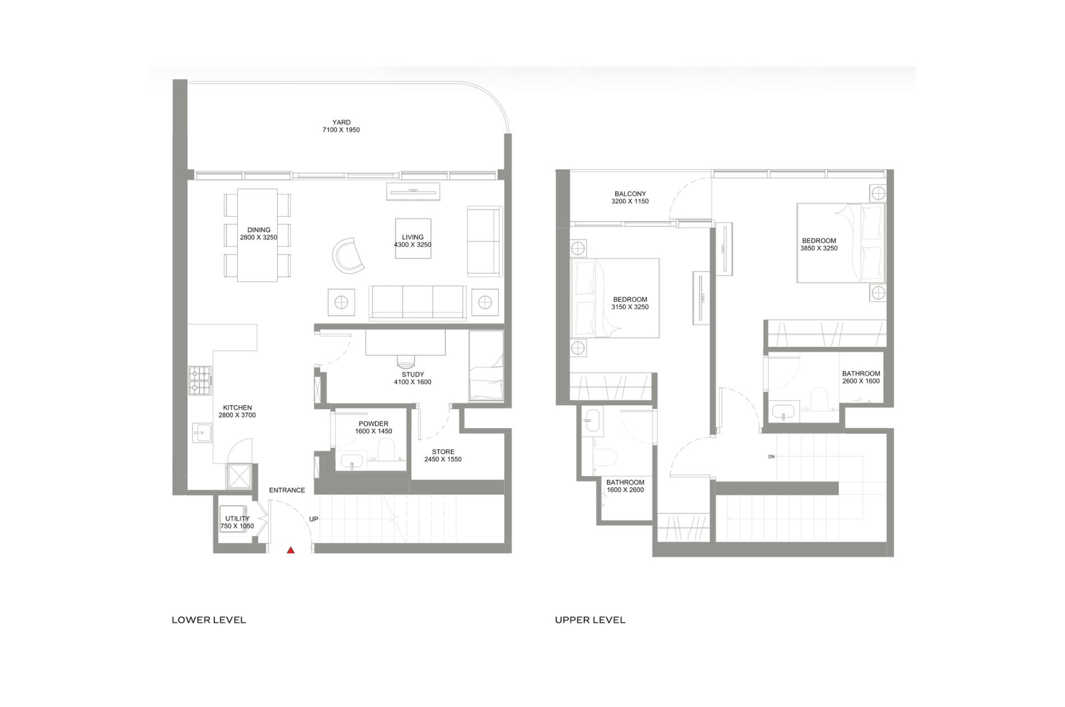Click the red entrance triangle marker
pos(291,550)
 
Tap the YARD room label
pos(342,122)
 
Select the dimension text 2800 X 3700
pos(237,415)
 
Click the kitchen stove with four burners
pos(200,380)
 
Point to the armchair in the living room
pos(348,256)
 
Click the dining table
pos(257,235)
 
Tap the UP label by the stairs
pos(313,519)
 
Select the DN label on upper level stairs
pos(772,457)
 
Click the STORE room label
pos(443,452)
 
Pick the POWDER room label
pos(374,424)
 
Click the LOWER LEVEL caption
pos(209,620)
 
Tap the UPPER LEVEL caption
pos(590,620)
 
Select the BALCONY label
pos(630,194)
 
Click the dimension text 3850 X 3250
pos(819,248)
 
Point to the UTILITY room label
pos(237,518)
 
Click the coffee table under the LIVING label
pos(413,238)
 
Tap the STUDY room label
pos(413,374)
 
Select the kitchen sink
pos(202,433)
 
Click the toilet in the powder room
pos(386,449)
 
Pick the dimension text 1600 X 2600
pos(625,490)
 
